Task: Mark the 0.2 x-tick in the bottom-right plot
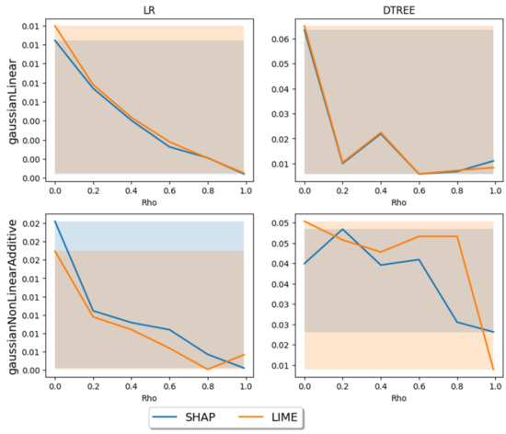342,387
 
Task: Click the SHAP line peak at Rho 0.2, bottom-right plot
342,229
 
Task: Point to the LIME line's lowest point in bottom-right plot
493,370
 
